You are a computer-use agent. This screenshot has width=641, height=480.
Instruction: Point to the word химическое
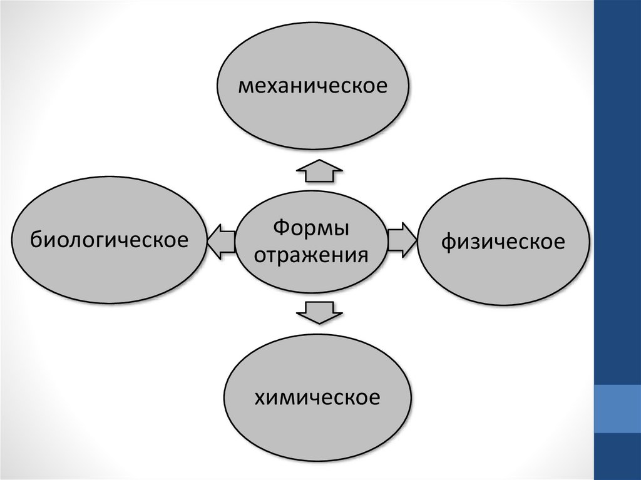point(317,397)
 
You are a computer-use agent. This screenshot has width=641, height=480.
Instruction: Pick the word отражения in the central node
point(311,255)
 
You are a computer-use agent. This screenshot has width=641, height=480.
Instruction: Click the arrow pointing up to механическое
point(319,171)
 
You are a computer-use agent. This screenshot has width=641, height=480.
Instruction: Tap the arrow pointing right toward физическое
point(401,240)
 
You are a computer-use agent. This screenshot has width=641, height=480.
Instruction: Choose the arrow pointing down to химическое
point(319,311)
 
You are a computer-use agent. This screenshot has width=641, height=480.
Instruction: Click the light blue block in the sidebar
point(617,409)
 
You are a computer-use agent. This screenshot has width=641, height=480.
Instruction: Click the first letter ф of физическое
point(449,242)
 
